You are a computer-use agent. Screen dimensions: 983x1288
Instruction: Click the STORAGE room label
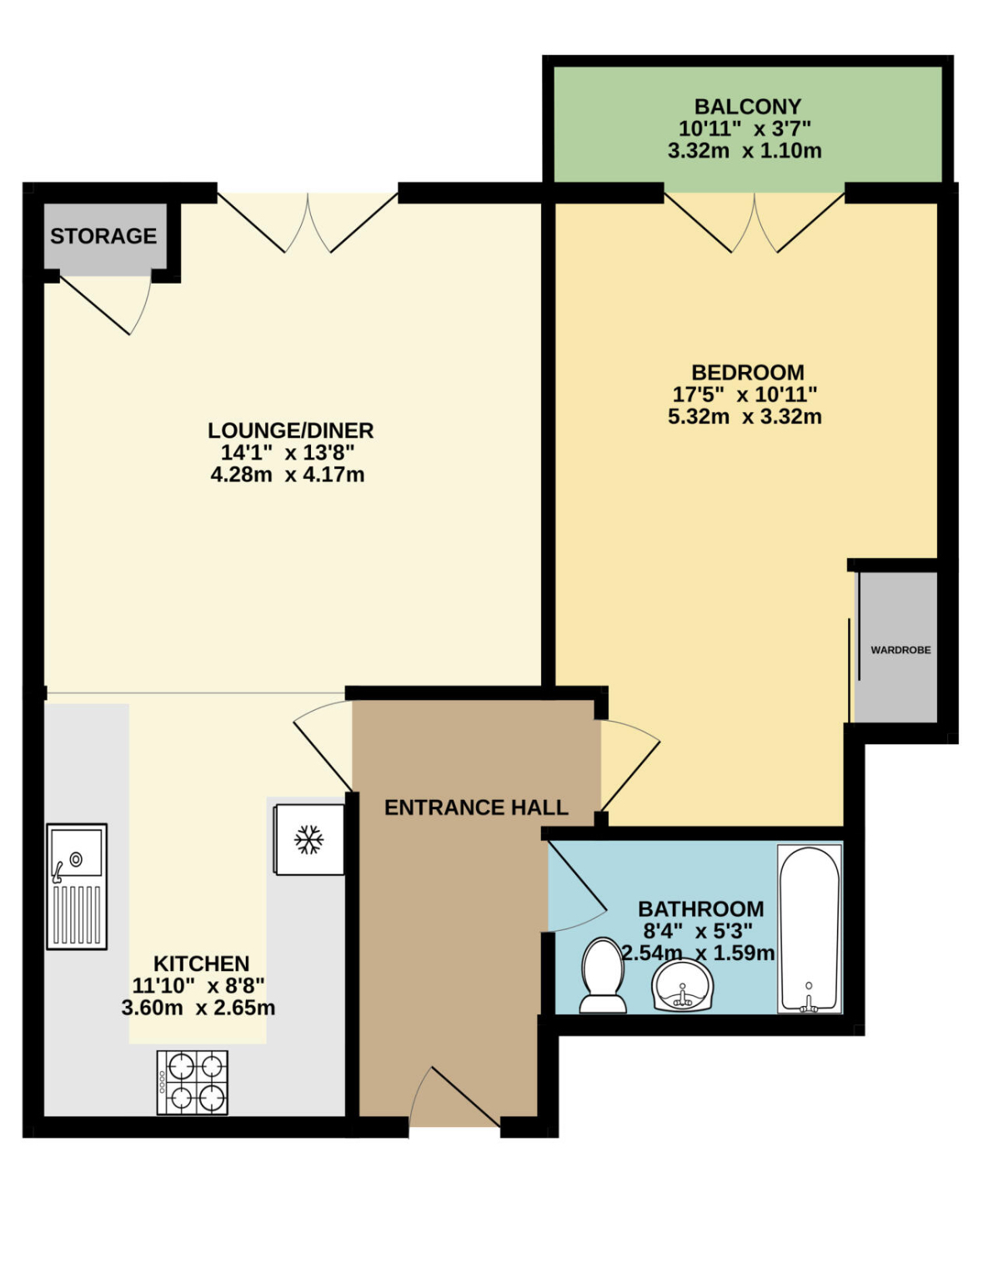tap(103, 236)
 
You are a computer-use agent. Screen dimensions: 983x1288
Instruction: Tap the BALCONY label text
tap(747, 107)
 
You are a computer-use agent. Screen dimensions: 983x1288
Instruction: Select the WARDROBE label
tap(900, 650)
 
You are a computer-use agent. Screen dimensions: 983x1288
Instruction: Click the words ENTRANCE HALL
tap(476, 808)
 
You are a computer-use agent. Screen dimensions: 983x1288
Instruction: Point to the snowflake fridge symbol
tap(308, 839)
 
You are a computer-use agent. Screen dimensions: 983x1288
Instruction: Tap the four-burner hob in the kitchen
tap(193, 1083)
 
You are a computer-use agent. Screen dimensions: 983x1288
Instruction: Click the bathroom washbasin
tap(682, 985)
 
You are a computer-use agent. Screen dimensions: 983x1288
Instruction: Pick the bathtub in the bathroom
tap(810, 929)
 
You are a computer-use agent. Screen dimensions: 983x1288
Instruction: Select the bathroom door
tap(577, 887)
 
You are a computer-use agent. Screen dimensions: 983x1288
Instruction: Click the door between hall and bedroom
tap(630, 765)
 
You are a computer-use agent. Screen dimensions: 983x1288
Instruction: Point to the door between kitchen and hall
tap(323, 745)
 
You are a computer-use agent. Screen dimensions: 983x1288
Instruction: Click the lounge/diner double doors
tap(308, 223)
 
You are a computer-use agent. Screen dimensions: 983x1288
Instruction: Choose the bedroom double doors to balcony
tap(755, 223)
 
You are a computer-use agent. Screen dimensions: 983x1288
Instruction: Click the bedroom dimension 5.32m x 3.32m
tap(745, 416)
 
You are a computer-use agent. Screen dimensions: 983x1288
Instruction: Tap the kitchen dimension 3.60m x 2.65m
tap(198, 1008)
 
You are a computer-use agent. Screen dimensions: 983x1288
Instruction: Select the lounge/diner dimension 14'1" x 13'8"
tap(288, 452)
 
